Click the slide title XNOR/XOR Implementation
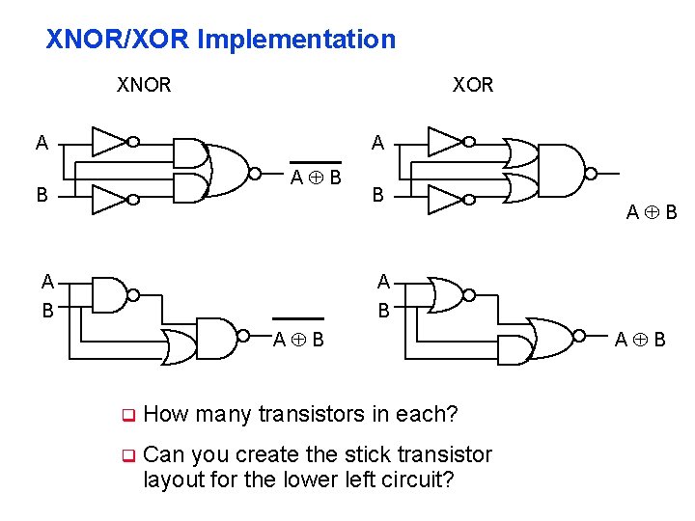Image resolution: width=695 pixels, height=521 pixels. [x=221, y=40]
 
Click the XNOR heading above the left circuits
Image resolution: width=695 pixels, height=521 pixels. [x=144, y=85]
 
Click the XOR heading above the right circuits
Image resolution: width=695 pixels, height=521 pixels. [x=473, y=85]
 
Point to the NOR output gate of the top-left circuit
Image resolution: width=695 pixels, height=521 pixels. [x=229, y=171]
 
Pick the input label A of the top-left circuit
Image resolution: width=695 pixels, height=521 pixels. [x=42, y=144]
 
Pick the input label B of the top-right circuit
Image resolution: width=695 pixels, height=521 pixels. [x=378, y=195]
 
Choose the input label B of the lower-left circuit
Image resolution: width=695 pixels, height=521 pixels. [x=47, y=311]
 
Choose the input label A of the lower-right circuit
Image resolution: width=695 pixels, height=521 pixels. [x=383, y=282]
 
